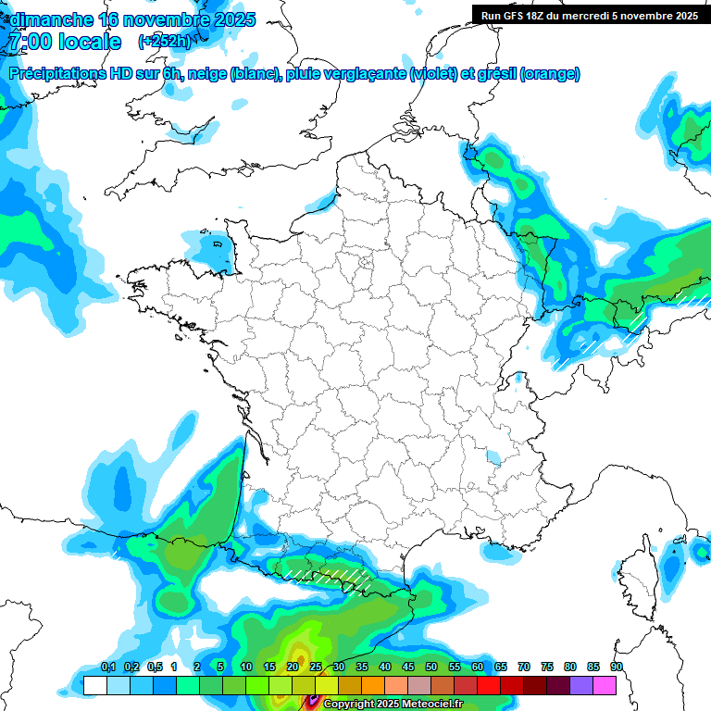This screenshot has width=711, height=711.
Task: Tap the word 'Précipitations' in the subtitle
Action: [x=61, y=74]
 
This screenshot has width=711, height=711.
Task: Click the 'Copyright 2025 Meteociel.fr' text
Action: [x=393, y=704]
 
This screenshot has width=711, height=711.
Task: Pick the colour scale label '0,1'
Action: [x=108, y=667]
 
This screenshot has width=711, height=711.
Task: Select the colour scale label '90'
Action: [x=617, y=667]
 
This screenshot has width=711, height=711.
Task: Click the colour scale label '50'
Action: [x=431, y=667]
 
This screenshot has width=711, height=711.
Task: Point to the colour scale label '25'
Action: [x=316, y=667]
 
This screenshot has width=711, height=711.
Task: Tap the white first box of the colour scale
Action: [x=94, y=685]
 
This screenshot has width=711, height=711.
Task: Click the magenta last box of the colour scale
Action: [x=605, y=685]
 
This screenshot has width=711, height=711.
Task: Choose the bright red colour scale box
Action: [x=489, y=685]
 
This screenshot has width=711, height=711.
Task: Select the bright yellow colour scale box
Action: [x=326, y=685]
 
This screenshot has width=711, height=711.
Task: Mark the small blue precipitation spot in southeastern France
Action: [x=493, y=456]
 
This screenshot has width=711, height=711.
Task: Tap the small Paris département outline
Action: [x=365, y=261]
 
